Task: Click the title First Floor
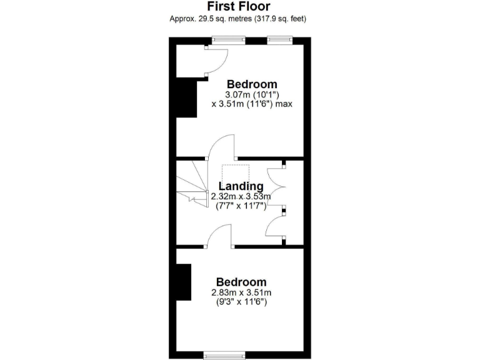(237, 6)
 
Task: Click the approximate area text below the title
(237, 19)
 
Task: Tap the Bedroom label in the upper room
(252, 84)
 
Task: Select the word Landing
(241, 186)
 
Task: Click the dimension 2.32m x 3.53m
(241, 196)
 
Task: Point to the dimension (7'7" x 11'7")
(241, 206)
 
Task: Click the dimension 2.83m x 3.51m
(241, 292)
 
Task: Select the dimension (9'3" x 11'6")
(241, 302)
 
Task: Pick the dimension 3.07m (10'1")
(252, 94)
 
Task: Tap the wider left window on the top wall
(228, 41)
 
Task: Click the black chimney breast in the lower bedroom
(182, 282)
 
